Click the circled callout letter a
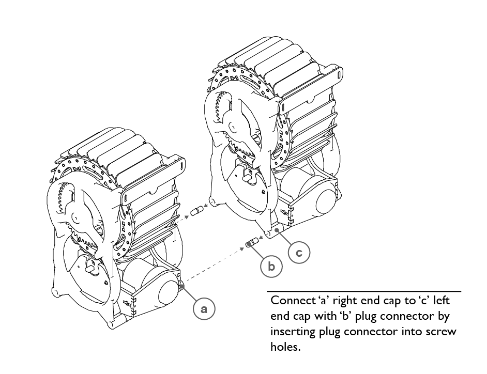click(204, 309)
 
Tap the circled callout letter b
click(271, 267)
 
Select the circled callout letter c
click(299, 253)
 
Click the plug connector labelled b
click(252, 242)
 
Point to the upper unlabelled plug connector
click(196, 211)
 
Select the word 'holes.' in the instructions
click(285, 347)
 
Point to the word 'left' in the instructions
click(441, 300)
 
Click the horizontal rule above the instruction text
click(363, 291)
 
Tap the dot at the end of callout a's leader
click(182, 286)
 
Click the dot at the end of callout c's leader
click(277, 230)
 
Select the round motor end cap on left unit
click(170, 293)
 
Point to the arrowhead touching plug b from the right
click(261, 238)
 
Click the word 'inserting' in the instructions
click(292, 332)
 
